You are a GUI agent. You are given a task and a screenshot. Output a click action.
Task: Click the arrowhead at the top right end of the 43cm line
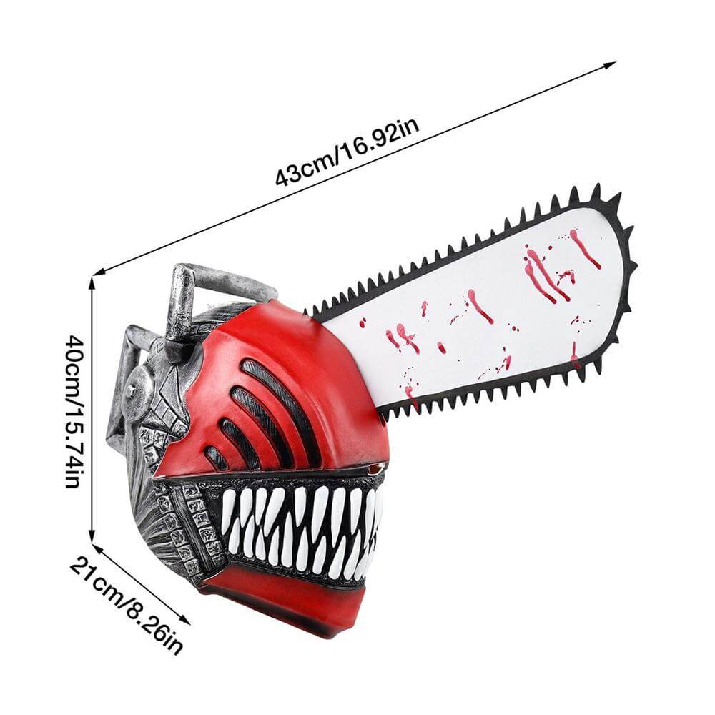[x=610, y=64]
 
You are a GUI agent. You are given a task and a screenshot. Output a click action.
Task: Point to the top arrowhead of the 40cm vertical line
[x=92, y=282]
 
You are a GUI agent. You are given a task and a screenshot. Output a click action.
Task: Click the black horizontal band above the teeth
[x=269, y=479]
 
